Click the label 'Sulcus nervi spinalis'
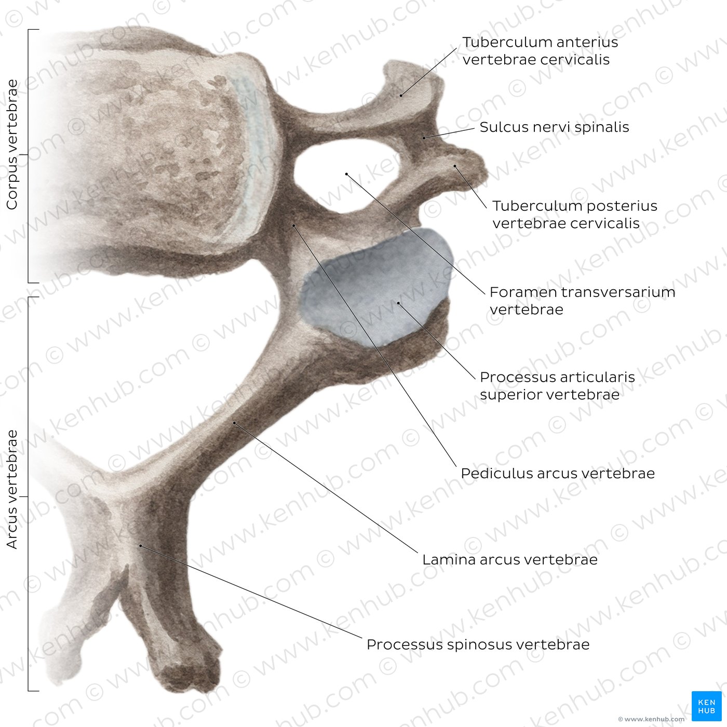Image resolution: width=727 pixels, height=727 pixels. click(x=554, y=127)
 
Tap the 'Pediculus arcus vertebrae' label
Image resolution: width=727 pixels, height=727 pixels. click(x=558, y=474)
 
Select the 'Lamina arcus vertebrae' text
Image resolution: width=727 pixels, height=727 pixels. click(x=510, y=559)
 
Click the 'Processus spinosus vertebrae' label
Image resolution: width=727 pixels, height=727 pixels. click(x=478, y=644)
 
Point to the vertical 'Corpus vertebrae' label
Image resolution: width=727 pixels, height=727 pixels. click(x=12, y=144)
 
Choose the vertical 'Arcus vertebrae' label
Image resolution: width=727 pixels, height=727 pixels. click(x=12, y=489)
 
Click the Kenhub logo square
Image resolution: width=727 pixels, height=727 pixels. click(x=707, y=706)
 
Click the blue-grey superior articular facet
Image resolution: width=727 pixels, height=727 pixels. click(x=378, y=287)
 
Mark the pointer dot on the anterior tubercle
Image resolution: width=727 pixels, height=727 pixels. click(x=401, y=96)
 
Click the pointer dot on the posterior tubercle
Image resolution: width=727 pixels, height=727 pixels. click(x=455, y=166)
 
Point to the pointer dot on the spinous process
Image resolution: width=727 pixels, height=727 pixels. click(x=140, y=546)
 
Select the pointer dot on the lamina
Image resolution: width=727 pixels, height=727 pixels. click(x=234, y=423)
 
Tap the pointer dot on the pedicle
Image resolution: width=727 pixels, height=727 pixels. click(x=293, y=225)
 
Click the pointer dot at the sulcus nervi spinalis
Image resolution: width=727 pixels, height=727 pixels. click(x=424, y=138)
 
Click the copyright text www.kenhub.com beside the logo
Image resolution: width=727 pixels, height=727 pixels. click(x=654, y=719)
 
